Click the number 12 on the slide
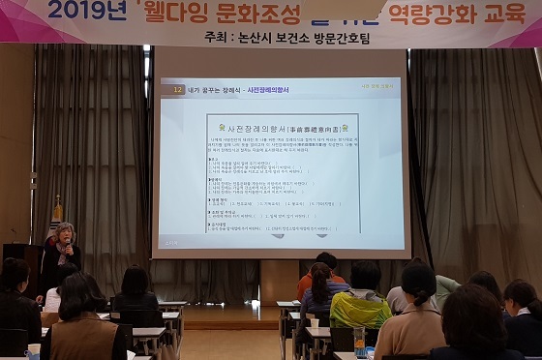pyautogui.click(x=176, y=89)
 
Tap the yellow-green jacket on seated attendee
pyautogui.click(x=360, y=310)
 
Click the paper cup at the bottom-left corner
pyautogui.click(x=34, y=352)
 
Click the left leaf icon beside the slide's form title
pyautogui.click(x=223, y=127)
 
